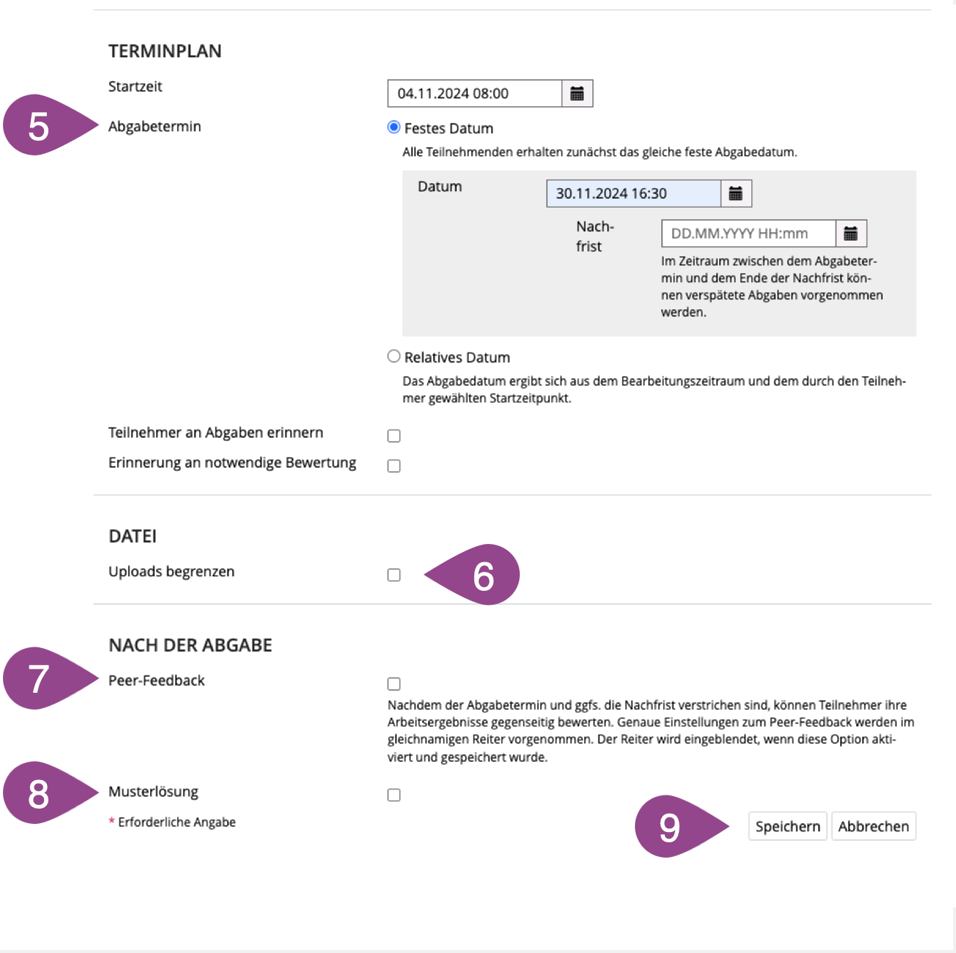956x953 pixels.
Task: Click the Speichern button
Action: [x=787, y=826]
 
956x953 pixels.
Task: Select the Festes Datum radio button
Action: [x=394, y=128]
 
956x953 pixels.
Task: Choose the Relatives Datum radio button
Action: [x=394, y=356]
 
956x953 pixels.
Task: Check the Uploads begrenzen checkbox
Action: [x=394, y=575]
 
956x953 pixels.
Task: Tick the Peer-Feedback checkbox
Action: [x=394, y=684]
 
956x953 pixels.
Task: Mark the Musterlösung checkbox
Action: [x=394, y=795]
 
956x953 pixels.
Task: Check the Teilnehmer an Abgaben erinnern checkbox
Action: [x=394, y=435]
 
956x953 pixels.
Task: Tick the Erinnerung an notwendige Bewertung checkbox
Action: [x=394, y=466]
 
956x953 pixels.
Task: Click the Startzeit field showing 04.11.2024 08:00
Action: [x=475, y=93]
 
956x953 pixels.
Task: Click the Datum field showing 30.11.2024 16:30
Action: [x=633, y=194]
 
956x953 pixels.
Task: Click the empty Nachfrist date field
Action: [x=749, y=233]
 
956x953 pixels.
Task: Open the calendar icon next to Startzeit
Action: [x=577, y=93]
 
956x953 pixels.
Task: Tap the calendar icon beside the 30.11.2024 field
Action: [x=736, y=194]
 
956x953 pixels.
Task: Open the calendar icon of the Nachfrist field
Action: [x=851, y=233]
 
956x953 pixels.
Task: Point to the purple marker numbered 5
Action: [x=45, y=125]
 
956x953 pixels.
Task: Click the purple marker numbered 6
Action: [x=479, y=575]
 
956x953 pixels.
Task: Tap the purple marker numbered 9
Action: [x=674, y=826]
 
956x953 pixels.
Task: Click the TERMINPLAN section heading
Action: [x=165, y=51]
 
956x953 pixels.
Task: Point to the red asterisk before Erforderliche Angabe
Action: [x=111, y=820]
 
